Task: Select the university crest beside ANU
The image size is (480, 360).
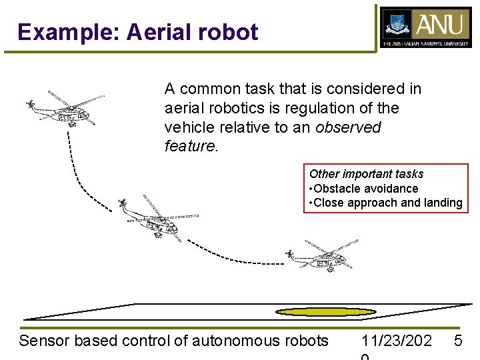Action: pos(397,25)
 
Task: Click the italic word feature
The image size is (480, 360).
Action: pos(189,146)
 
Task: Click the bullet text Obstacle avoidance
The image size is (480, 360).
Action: pos(366,189)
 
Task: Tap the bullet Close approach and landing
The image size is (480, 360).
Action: pos(387,203)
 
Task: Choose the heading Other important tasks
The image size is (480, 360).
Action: pos(366,174)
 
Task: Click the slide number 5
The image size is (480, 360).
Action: pos(458,341)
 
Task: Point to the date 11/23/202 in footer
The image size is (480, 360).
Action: pos(393,341)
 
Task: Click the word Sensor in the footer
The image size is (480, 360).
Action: pos(44,341)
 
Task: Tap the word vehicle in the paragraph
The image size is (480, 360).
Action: pos(190,127)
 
